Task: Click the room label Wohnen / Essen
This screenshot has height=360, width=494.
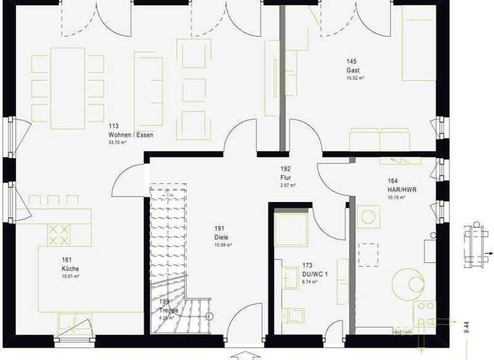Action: [131, 135]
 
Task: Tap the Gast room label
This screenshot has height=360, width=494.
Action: [353, 70]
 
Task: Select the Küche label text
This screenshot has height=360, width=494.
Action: [70, 268]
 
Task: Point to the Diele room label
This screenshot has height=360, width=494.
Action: [221, 237]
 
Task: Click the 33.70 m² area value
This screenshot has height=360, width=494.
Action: [117, 143]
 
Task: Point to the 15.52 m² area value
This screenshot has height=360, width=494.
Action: [356, 78]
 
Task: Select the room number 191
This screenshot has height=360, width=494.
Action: [219, 229]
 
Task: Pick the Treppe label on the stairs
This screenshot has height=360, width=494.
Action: [169, 310]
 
